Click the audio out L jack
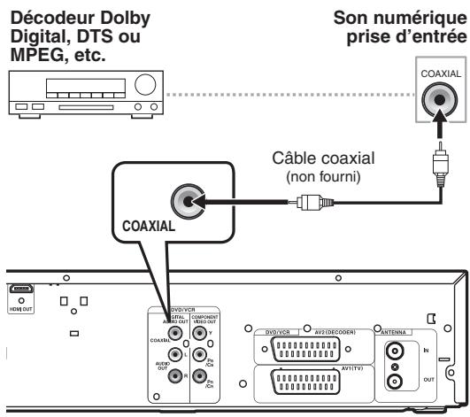click(x=179, y=352)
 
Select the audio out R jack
click(x=179, y=375)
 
